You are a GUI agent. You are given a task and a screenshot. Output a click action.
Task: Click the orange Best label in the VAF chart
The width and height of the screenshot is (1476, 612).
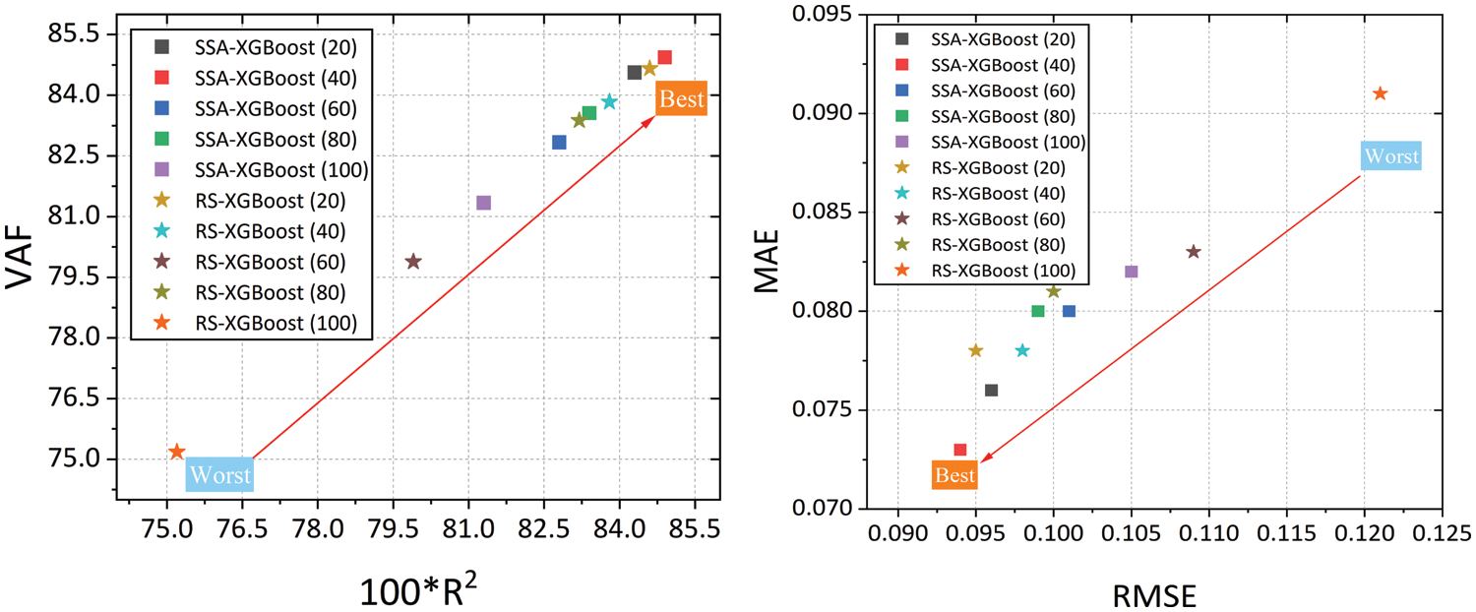681,98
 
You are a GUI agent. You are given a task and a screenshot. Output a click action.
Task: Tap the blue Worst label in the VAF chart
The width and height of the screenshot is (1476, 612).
219,475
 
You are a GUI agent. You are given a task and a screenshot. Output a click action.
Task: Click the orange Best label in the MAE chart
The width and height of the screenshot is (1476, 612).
954,475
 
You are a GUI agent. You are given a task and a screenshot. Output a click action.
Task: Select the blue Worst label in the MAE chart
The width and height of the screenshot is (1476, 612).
1390,155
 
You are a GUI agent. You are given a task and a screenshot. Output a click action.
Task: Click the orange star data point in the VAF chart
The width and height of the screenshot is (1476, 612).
177,452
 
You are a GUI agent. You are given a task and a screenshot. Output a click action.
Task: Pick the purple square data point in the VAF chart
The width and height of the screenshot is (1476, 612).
483,203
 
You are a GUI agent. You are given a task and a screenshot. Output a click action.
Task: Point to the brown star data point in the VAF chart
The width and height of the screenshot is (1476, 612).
413,262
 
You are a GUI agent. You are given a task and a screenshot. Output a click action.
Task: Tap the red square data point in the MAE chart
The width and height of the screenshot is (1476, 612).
960,450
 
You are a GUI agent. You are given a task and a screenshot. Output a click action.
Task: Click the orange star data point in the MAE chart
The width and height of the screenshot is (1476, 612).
1380,93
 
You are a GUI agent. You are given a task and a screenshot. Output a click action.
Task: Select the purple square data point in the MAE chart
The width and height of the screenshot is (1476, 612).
1132,272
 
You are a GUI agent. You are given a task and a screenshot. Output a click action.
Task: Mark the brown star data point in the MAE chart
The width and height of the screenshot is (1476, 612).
1194,252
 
